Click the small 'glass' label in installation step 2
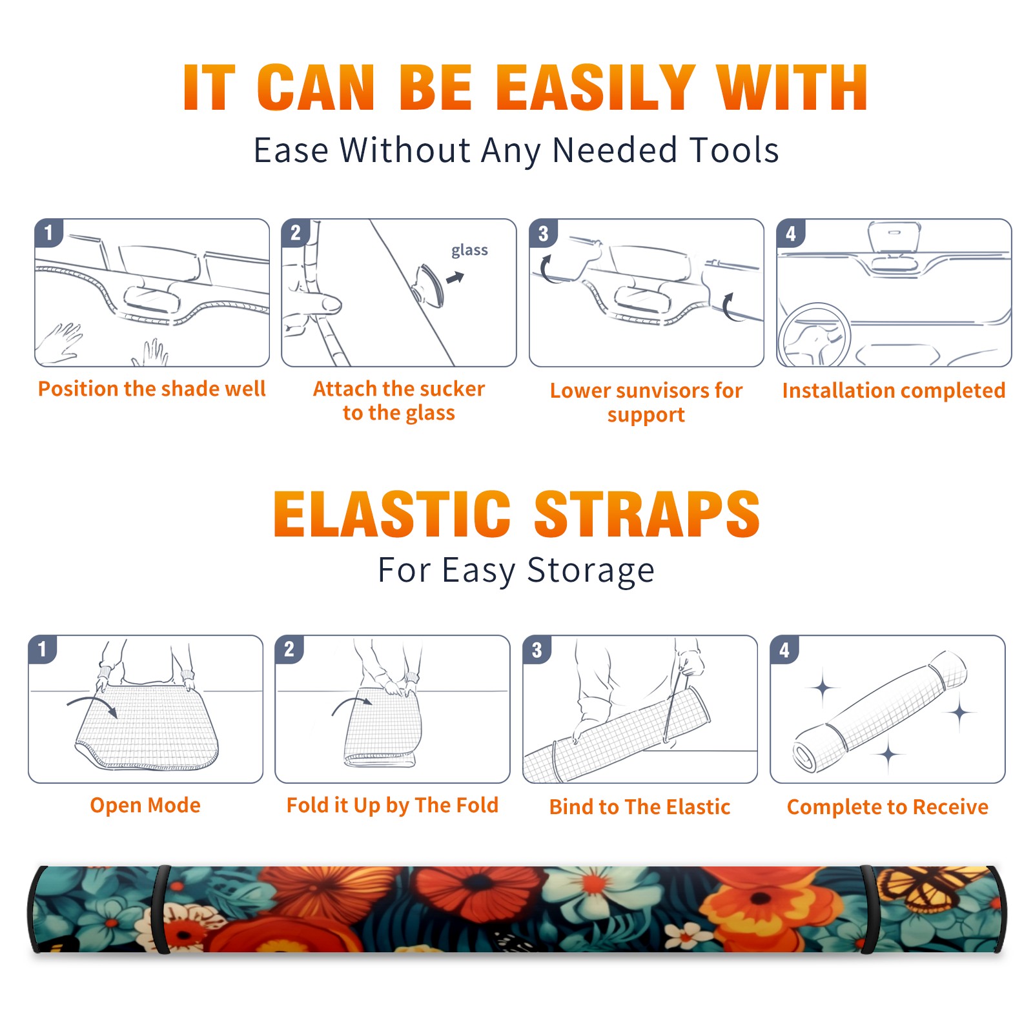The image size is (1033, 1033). [x=469, y=251]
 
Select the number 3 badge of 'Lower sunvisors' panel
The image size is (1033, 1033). [x=543, y=233]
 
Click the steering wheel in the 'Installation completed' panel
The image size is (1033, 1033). [x=814, y=335]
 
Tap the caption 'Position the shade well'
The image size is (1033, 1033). [x=152, y=389]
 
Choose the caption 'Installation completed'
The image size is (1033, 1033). [x=894, y=391]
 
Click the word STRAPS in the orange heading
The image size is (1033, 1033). [x=647, y=514]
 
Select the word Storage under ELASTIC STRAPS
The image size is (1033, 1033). [x=591, y=571]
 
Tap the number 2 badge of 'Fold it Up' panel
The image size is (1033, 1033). [x=289, y=649]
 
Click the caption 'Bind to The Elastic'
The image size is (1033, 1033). [x=640, y=807]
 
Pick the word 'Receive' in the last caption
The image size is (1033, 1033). [x=950, y=807]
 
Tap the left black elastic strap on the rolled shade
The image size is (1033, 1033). [x=160, y=910]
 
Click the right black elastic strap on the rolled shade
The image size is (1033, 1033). [x=868, y=910]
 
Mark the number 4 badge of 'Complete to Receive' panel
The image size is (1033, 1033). [x=784, y=649]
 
